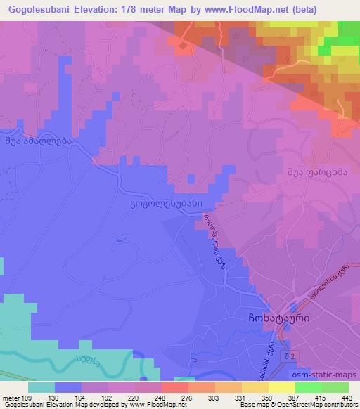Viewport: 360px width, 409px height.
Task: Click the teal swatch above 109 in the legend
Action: tap(42, 387)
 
